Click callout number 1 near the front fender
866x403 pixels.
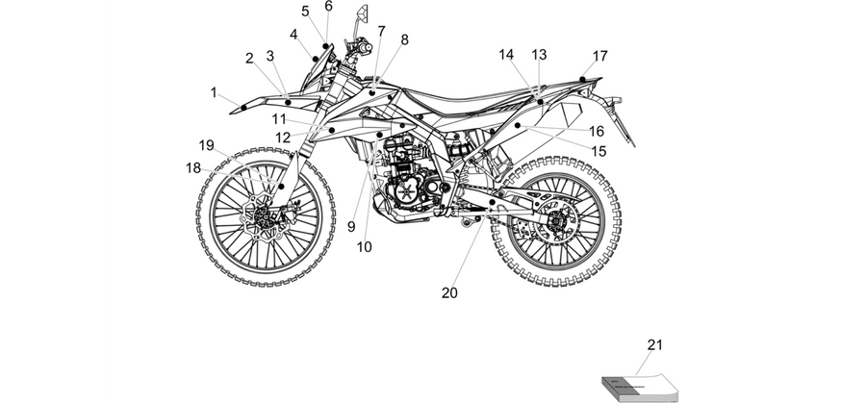coord(214,92)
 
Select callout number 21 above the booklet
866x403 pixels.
coord(654,345)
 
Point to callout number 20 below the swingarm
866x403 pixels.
coord(449,293)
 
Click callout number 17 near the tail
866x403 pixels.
coord(600,56)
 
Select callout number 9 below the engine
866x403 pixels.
coord(352,226)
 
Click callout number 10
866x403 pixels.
coord(365,247)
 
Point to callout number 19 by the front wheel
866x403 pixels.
coord(207,145)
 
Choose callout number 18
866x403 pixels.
coord(193,167)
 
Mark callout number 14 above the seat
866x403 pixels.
coord(506,55)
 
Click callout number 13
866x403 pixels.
coord(539,55)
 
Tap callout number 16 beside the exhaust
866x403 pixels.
coord(597,132)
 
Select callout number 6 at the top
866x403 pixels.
coord(329,6)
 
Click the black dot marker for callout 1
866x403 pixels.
coord(243,107)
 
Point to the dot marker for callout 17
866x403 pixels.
coord(582,80)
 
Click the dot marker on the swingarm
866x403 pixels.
coord(492,203)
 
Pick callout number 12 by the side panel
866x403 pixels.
coord(283,138)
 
